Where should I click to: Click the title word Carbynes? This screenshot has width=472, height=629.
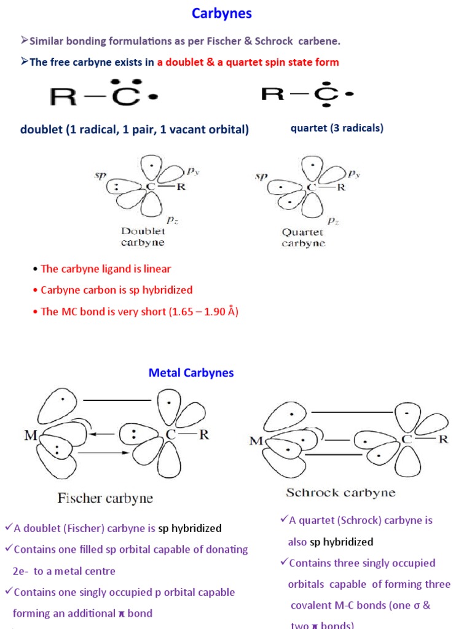click(221, 14)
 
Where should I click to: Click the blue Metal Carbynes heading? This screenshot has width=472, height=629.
click(191, 373)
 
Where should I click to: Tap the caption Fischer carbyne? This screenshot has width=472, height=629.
click(105, 498)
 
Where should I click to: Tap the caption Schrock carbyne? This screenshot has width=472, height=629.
click(340, 493)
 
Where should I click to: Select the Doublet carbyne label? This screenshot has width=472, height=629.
click(143, 236)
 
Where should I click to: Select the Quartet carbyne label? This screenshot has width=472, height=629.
click(303, 238)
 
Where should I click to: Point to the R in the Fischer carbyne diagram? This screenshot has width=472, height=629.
click(204, 434)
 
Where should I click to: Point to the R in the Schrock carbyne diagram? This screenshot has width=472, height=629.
click(442, 439)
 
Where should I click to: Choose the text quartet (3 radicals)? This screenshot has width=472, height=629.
click(337, 128)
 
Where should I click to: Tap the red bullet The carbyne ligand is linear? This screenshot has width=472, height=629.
click(106, 268)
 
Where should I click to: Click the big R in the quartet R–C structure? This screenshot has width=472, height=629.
click(272, 94)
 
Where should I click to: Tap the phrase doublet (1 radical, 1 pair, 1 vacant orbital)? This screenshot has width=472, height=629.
click(135, 129)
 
